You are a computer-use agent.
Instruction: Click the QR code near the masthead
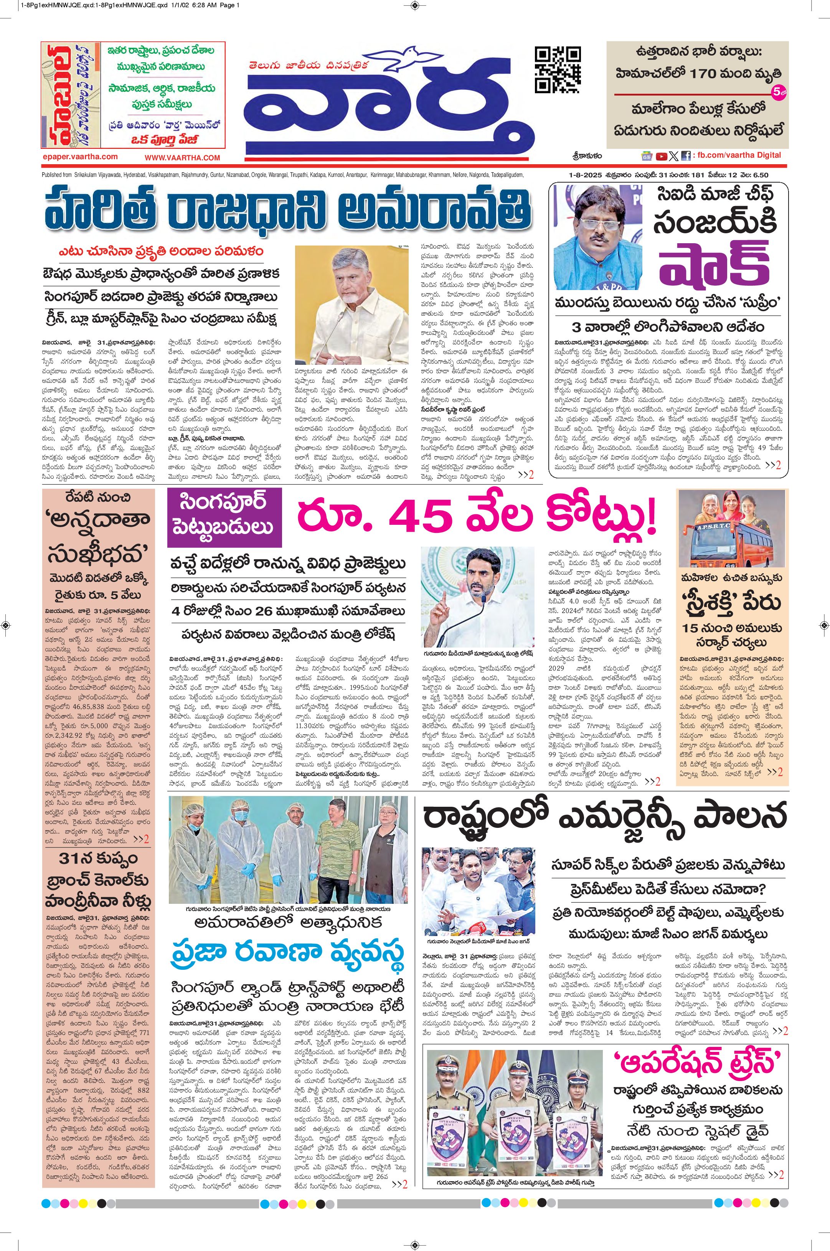click(558, 70)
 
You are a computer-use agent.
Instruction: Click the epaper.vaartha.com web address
click(79, 157)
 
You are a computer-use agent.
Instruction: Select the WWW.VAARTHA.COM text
click(182, 158)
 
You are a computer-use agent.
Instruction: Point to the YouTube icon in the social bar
click(661, 156)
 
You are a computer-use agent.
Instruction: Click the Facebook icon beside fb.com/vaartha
click(685, 156)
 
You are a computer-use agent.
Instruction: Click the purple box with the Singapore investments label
click(224, 518)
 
